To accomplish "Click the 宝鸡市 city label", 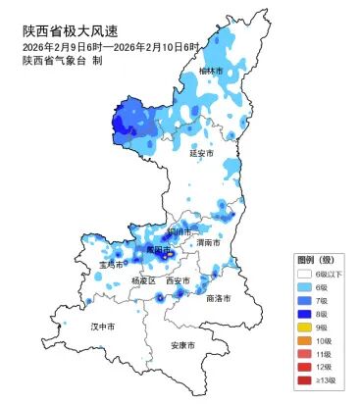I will [111, 265].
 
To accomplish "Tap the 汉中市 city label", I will [103, 325].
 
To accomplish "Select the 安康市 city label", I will [182, 345].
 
